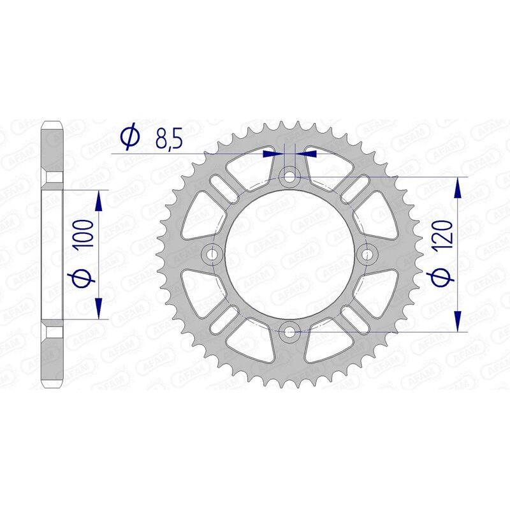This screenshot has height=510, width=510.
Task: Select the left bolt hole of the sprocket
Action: (212, 254)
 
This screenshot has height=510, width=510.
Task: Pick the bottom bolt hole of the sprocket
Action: (290, 331)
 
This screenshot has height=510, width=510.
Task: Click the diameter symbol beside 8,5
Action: (130, 137)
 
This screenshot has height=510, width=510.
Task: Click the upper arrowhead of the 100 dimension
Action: (98, 201)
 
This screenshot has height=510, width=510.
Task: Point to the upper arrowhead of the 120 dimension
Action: (457, 188)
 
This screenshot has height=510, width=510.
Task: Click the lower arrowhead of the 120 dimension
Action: (457, 319)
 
